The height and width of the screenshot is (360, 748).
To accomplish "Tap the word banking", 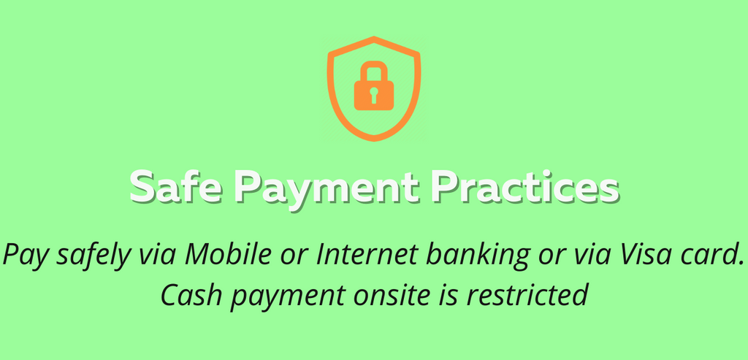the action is point(478,255).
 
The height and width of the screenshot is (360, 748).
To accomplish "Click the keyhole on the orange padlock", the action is point(373,95).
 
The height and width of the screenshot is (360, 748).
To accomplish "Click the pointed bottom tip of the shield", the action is point(374,140).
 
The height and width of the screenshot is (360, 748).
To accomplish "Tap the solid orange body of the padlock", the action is point(374,96).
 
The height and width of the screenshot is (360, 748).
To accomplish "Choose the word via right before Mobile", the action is point(157,254).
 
